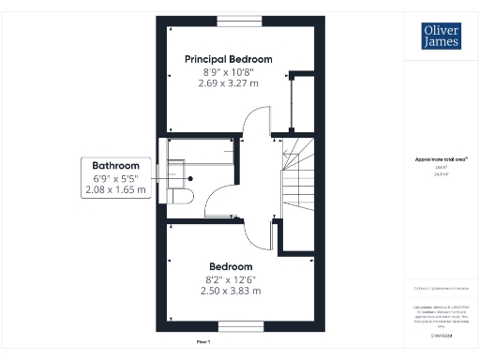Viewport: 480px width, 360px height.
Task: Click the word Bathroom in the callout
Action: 115,166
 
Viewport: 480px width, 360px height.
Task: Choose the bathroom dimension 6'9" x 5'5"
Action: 115,178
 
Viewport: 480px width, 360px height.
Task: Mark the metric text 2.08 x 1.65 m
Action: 115,190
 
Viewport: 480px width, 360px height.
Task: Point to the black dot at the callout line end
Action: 190,177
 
